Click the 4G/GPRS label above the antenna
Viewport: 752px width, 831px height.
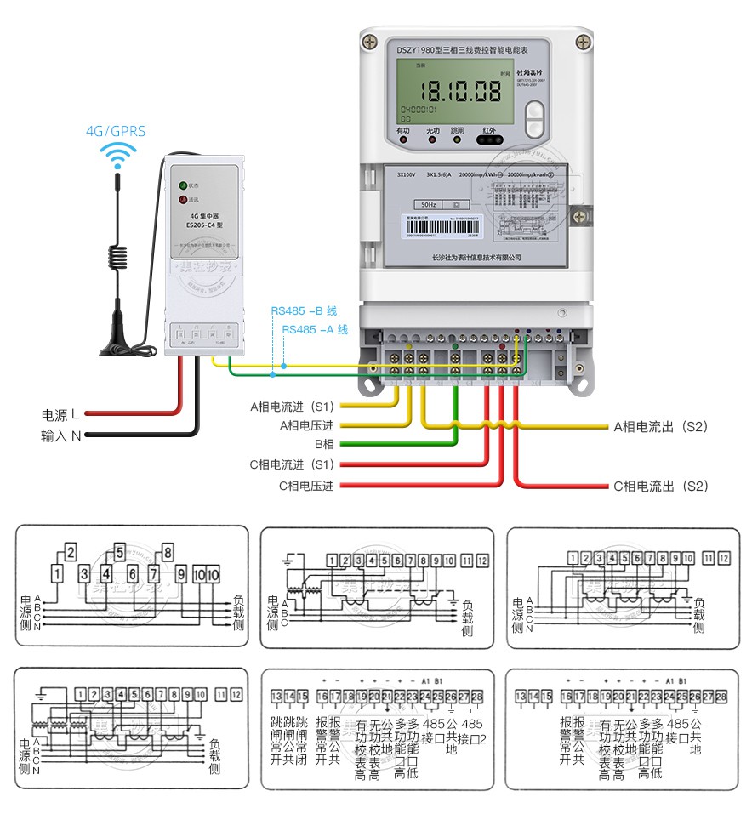116,131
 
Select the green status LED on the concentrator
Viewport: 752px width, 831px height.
182,185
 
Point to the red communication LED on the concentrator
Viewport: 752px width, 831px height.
182,201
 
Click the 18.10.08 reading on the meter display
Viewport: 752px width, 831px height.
463,90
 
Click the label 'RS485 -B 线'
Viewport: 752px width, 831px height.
304,311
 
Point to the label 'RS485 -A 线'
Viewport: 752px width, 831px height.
315,329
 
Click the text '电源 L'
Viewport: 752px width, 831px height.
61,415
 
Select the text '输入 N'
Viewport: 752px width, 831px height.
61,435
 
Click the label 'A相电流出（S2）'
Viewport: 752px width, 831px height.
660,425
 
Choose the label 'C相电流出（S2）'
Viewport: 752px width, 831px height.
660,487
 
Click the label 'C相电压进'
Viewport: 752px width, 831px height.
305,486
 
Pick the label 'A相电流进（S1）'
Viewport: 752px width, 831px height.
293,406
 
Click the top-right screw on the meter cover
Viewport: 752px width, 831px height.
583,41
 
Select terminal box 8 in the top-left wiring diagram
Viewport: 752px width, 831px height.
167,552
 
